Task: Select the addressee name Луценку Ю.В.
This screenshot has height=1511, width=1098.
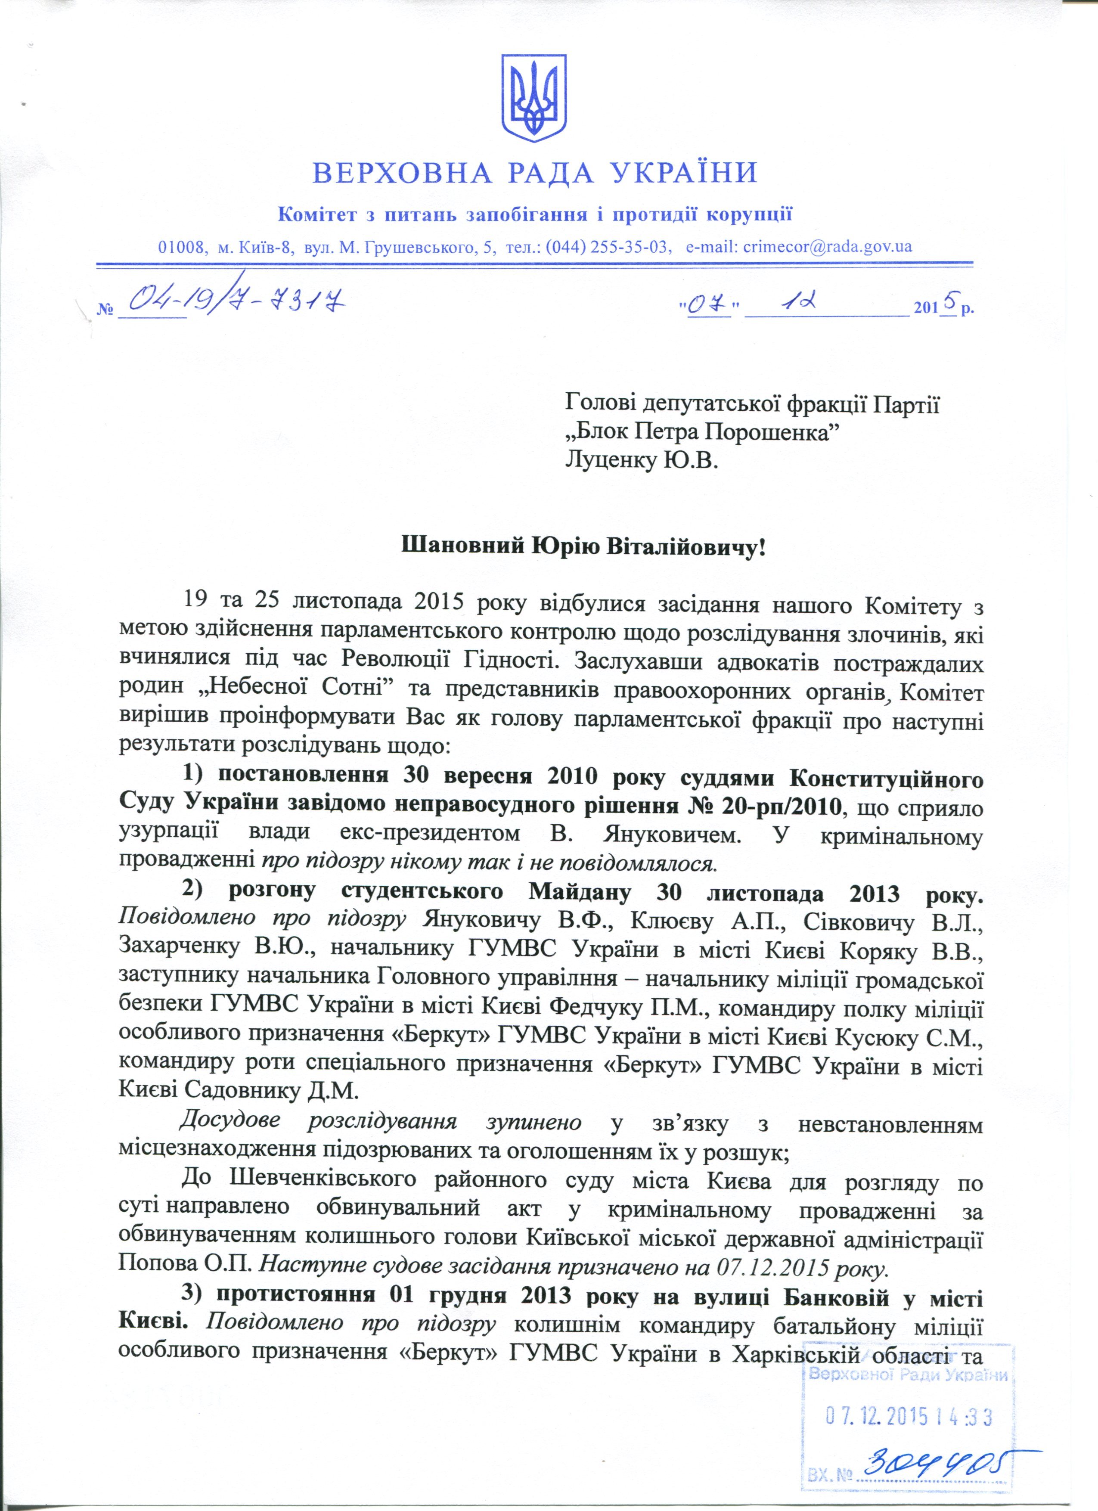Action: [x=642, y=460]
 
